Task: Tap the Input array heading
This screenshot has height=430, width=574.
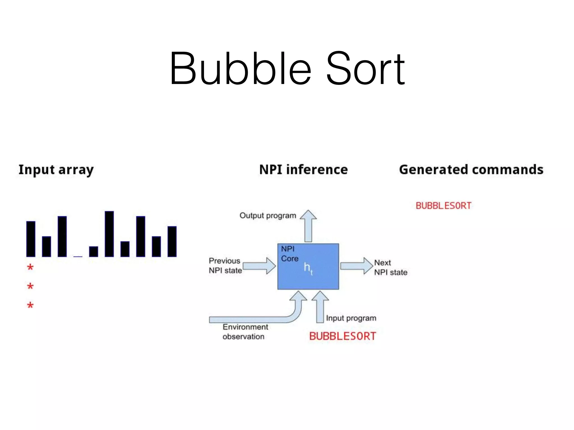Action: click(x=56, y=170)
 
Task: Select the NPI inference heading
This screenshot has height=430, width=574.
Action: click(x=304, y=170)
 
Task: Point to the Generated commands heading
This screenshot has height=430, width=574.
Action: click(x=471, y=170)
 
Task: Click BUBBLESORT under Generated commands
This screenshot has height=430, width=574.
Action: click(x=443, y=206)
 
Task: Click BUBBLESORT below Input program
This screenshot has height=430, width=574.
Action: click(x=342, y=336)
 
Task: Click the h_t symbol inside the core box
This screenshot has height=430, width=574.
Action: click(x=308, y=268)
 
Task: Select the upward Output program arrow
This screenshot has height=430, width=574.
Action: click(x=308, y=227)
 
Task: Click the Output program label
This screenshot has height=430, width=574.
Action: click(x=268, y=216)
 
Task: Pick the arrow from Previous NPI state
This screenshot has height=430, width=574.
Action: click(x=259, y=266)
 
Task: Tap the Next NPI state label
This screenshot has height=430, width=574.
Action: click(x=390, y=267)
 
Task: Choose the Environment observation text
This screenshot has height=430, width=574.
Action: click(x=245, y=332)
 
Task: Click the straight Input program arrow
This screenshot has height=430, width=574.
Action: click(x=320, y=308)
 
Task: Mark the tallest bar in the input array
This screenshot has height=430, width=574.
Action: click(x=109, y=234)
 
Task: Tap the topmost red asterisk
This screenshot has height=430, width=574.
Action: click(x=30, y=267)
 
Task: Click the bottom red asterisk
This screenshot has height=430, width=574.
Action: click(x=30, y=305)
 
